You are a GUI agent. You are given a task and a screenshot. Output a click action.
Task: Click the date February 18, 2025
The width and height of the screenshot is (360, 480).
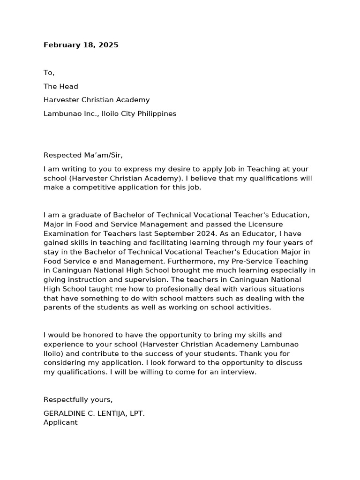[81, 45]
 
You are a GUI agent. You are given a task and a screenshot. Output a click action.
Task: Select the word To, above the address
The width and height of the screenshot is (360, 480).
[49, 73]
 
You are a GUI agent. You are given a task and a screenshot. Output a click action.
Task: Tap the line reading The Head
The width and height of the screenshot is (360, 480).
[60, 86]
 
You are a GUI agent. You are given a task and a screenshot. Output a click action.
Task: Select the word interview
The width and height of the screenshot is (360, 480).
[240, 372]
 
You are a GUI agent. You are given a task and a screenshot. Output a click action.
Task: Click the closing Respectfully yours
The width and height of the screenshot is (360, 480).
[78, 399]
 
